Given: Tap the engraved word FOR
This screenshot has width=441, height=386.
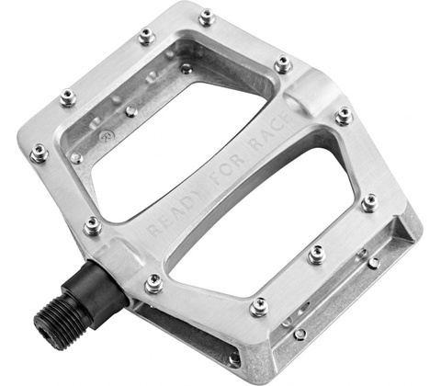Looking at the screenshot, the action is click(x=227, y=171).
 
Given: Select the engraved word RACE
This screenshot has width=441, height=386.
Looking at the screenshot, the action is click(x=269, y=132).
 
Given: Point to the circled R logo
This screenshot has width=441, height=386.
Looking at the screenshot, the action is click(x=107, y=136).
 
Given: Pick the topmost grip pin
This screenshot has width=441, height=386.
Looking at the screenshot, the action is click(x=207, y=17).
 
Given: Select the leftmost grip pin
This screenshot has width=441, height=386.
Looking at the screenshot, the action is click(x=40, y=153).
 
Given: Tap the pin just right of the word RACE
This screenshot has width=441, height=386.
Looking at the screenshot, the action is click(x=344, y=116).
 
